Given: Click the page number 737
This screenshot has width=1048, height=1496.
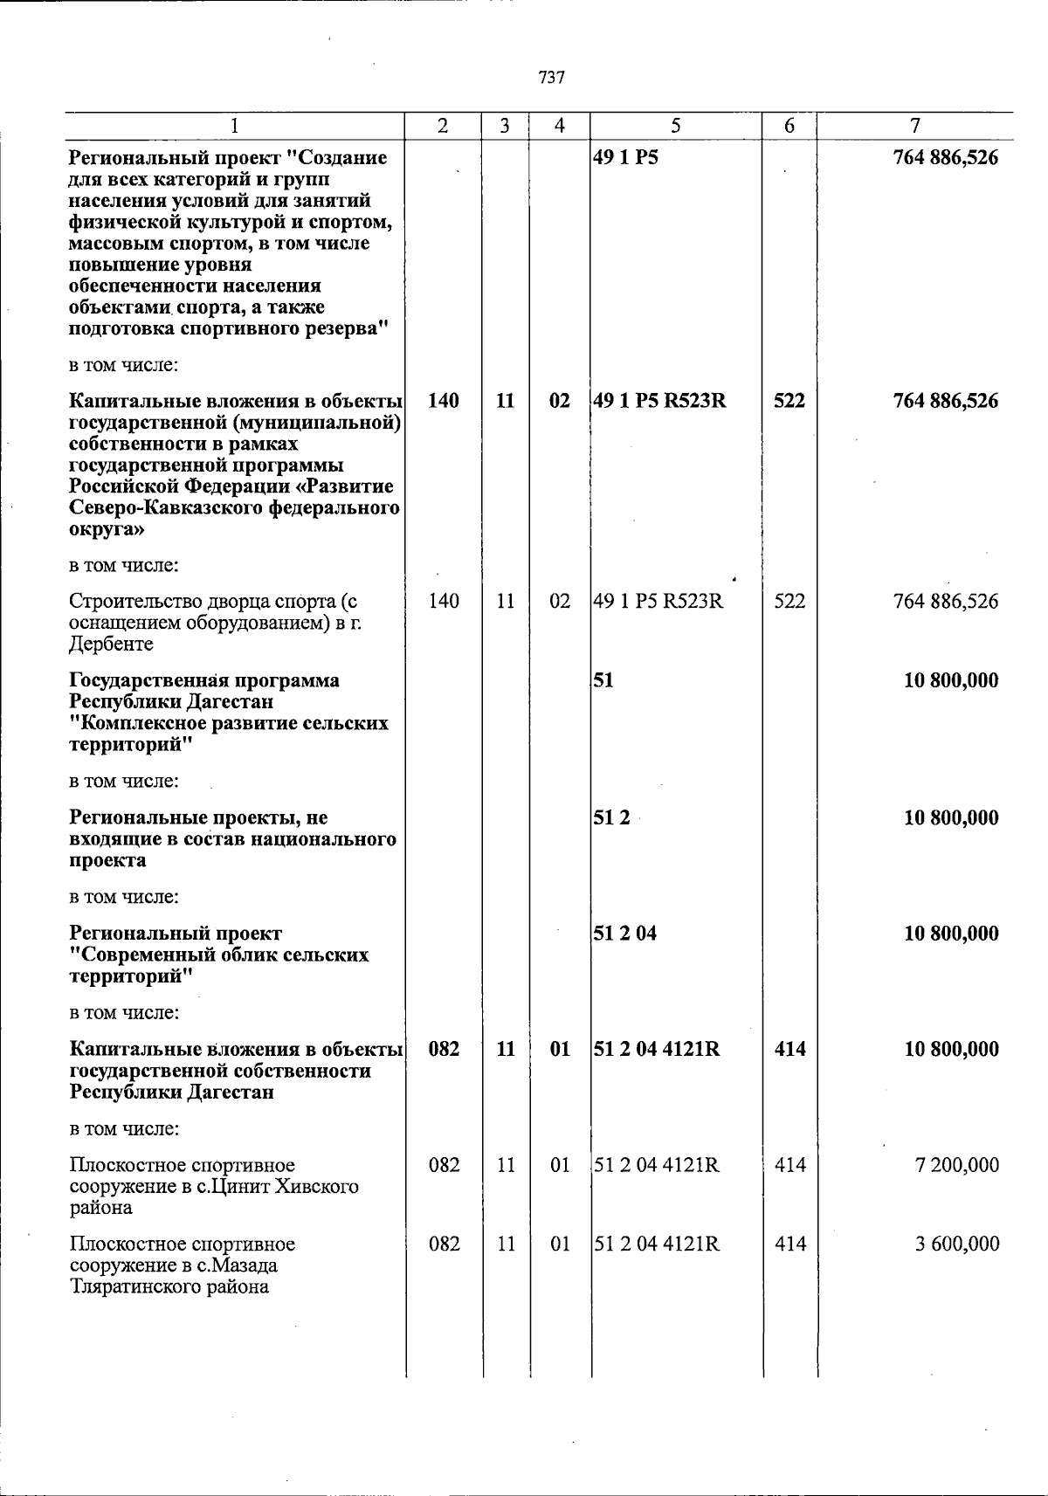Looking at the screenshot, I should [551, 78].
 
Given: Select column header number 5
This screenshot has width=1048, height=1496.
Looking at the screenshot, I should [675, 126].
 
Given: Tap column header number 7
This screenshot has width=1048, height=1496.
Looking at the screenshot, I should [914, 126].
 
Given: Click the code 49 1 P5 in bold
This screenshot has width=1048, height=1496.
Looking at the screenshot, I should [625, 159].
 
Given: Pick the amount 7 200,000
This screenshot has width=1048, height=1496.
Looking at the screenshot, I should [956, 1165].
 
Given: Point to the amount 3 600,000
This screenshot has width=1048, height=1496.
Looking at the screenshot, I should [956, 1244].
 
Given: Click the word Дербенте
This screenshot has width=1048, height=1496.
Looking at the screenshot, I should [111, 645].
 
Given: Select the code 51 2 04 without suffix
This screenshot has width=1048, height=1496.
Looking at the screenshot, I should [625, 934].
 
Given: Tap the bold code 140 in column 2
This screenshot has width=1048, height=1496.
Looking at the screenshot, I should [444, 401].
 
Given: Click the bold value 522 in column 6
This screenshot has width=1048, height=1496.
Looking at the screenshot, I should [789, 401].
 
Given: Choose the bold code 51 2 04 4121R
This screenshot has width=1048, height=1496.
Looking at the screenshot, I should [657, 1049].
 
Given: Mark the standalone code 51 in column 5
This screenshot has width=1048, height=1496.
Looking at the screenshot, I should [603, 680].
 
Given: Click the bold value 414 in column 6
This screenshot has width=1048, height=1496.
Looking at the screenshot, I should [789, 1049].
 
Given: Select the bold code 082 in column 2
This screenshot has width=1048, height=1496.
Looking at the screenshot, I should [444, 1049].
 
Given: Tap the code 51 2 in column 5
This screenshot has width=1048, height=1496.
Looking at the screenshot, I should [611, 818].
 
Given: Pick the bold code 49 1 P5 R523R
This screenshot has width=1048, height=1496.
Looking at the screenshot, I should [659, 401].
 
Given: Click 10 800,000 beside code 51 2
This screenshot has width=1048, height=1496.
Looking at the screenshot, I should [950, 818].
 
